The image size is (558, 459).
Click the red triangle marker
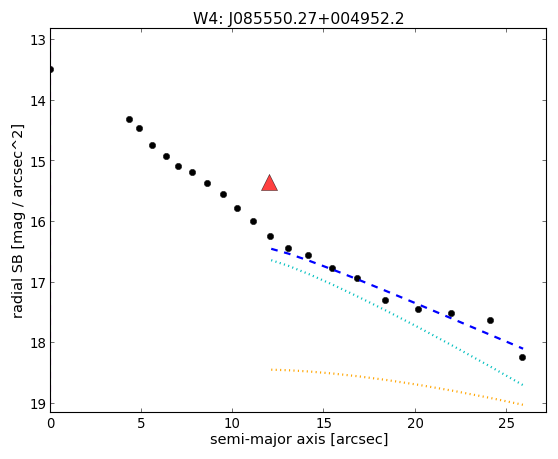click(x=269, y=184)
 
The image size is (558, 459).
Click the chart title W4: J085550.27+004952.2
click(x=298, y=19)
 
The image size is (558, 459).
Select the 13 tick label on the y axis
click(x=38, y=40)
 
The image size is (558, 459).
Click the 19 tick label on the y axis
click(x=38, y=404)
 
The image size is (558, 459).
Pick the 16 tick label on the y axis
click(x=38, y=222)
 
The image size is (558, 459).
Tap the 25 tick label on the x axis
click(x=506, y=423)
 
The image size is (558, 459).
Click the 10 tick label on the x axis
click(x=232, y=423)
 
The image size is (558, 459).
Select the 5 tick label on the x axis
click(x=141, y=423)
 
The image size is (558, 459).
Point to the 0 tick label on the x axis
click(x=51, y=423)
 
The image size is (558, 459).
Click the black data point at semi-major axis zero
click(x=51, y=69)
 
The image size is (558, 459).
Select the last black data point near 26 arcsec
click(x=522, y=357)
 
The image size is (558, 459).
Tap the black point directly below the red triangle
click(x=270, y=236)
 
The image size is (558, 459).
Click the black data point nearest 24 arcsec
click(x=490, y=320)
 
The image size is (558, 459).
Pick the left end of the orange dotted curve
click(x=271, y=370)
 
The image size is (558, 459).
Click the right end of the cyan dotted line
click(x=522, y=385)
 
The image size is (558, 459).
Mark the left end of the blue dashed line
click(x=271, y=249)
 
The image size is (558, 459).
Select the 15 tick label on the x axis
click(x=323, y=423)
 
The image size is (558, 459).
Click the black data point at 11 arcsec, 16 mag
click(x=253, y=221)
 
